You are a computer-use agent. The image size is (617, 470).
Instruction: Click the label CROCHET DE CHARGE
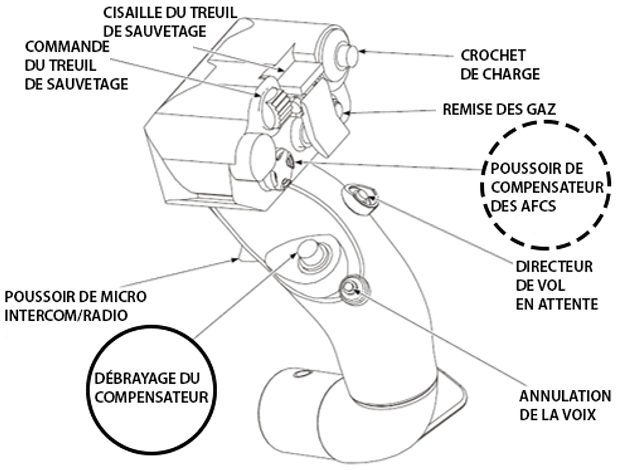click(500, 65)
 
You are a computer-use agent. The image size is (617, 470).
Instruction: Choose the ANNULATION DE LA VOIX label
click(565, 405)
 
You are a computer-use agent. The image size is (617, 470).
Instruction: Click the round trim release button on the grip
click(308, 251)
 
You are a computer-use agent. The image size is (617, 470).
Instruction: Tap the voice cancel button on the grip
click(352, 287)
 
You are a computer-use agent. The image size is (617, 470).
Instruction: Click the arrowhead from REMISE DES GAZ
click(349, 113)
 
